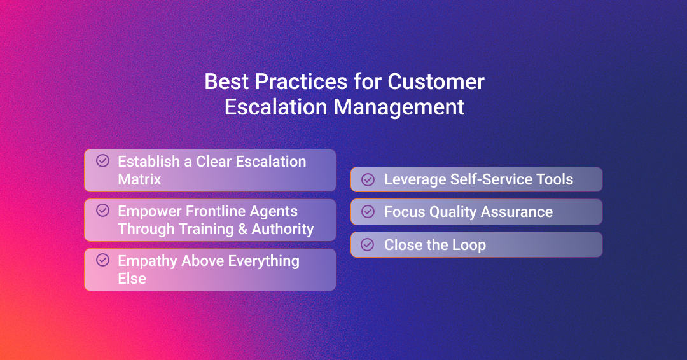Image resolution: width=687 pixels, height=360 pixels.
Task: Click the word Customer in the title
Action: tap(436, 81)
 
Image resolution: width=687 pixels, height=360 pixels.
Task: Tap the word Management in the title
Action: tap(399, 107)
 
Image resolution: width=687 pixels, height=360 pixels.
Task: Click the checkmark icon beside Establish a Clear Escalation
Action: tap(102, 161)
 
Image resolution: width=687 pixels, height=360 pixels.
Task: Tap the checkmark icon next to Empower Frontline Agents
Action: tap(102, 211)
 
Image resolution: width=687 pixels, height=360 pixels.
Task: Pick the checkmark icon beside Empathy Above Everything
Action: tap(102, 260)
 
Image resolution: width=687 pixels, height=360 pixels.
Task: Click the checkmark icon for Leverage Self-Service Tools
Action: tap(368, 179)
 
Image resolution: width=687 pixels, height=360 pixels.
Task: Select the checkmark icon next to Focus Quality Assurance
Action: tap(368, 212)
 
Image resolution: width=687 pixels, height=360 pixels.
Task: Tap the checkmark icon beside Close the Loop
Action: tap(368, 244)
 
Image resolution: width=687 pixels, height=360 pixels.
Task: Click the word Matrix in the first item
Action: tap(139, 179)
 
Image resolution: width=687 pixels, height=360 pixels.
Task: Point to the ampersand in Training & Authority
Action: tap(242, 229)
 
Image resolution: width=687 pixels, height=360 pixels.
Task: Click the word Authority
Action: tap(282, 229)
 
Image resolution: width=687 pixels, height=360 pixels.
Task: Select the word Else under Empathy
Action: tap(132, 279)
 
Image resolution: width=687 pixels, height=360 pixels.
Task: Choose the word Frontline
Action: tap(215, 211)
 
